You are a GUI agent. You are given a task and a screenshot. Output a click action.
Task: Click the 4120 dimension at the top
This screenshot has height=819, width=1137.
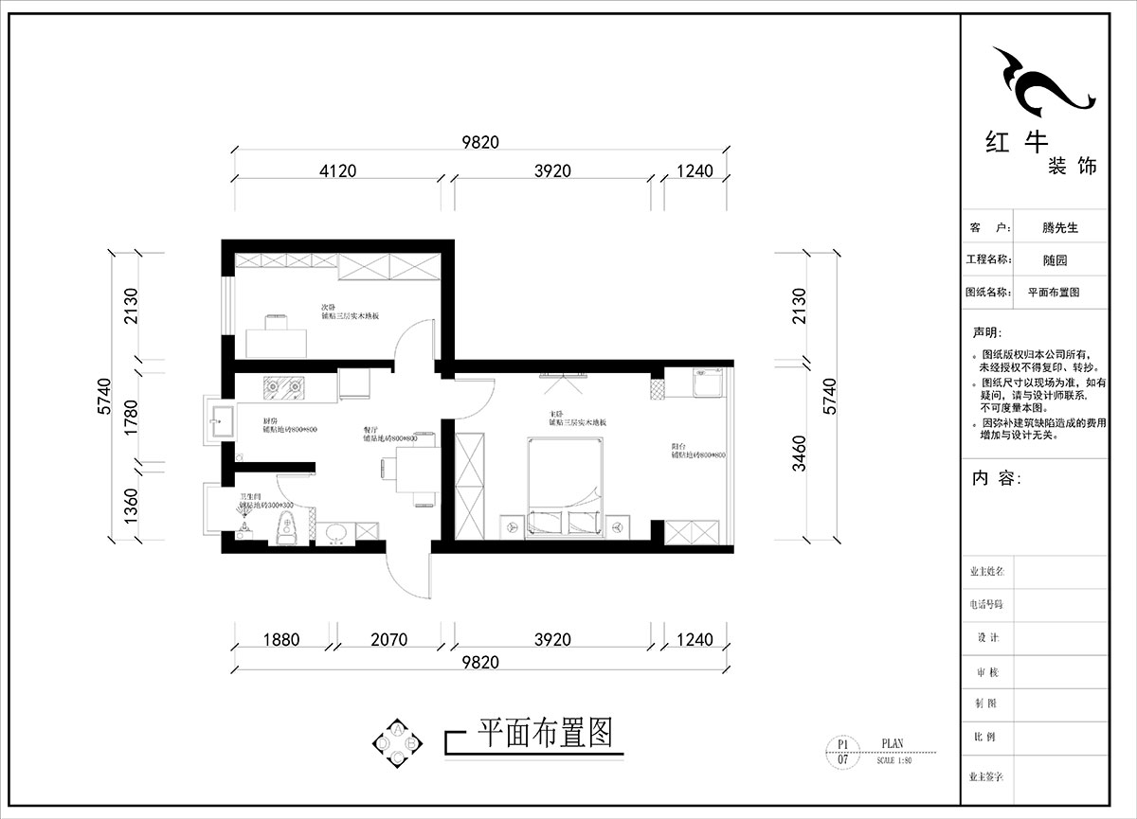point(337,171)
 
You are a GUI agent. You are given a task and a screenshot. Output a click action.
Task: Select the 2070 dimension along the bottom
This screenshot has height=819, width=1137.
point(388,640)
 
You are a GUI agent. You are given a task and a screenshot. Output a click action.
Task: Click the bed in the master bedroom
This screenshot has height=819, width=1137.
point(564,488)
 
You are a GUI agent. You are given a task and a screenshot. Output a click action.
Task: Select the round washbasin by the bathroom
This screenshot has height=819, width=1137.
point(334,535)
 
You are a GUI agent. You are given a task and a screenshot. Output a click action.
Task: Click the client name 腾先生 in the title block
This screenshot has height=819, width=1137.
point(1060,228)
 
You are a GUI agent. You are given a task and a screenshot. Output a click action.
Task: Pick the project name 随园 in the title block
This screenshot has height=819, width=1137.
point(1055,260)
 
